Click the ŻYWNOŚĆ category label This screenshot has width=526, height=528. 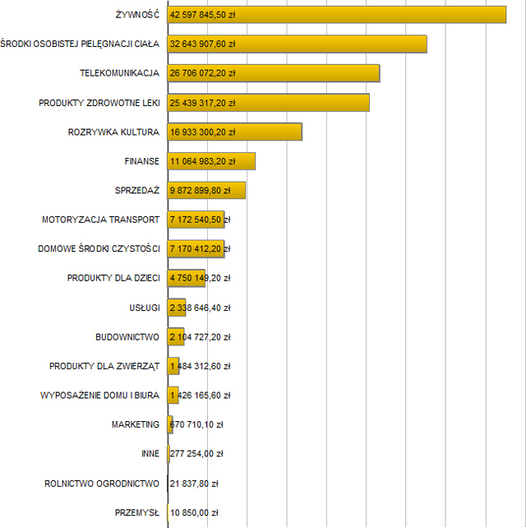138,15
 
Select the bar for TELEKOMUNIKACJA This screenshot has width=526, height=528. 312,73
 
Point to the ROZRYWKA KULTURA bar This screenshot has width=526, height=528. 271,132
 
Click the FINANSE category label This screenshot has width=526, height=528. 142,161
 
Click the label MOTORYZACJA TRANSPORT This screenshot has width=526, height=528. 100,220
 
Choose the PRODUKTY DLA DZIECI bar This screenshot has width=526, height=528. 187,278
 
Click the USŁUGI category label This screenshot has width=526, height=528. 144,308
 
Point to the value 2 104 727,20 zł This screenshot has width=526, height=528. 200,337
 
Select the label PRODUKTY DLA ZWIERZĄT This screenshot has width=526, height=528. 104,366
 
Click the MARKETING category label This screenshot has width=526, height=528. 136,424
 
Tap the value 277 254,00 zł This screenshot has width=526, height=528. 196,454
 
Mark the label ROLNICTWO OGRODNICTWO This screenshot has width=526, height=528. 102,484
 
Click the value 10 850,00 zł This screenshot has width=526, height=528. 194,512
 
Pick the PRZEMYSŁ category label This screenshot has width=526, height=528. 137,512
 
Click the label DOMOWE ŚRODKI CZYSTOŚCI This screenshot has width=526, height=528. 99,249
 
